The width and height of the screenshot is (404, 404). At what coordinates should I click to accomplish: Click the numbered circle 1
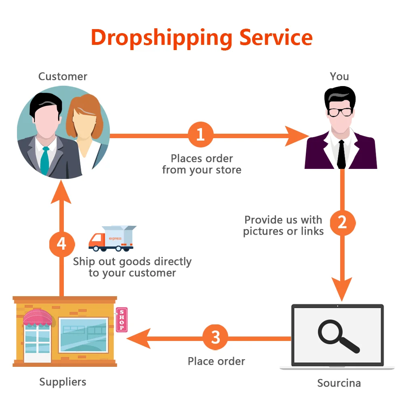200,135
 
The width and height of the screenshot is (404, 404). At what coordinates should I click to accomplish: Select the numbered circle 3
215,337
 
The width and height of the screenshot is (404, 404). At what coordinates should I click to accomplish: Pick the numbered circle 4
61,244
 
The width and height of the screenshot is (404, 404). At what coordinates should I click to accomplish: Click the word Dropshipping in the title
161,38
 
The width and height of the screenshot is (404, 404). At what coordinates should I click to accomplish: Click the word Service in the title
276,37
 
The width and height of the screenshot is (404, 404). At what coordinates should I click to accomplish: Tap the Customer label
63,76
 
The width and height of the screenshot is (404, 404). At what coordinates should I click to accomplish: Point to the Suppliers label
63,382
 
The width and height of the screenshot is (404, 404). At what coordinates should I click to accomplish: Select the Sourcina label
339,383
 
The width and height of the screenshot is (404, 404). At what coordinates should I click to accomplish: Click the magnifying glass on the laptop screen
338,337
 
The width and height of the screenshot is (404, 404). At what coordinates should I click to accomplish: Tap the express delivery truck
111,238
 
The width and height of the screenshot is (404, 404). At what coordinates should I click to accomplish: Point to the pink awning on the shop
38,318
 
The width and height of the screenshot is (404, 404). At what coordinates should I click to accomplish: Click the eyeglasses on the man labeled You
340,112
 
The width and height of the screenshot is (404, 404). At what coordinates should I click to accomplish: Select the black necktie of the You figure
341,154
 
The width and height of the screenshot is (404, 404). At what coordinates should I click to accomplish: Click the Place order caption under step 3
216,361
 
